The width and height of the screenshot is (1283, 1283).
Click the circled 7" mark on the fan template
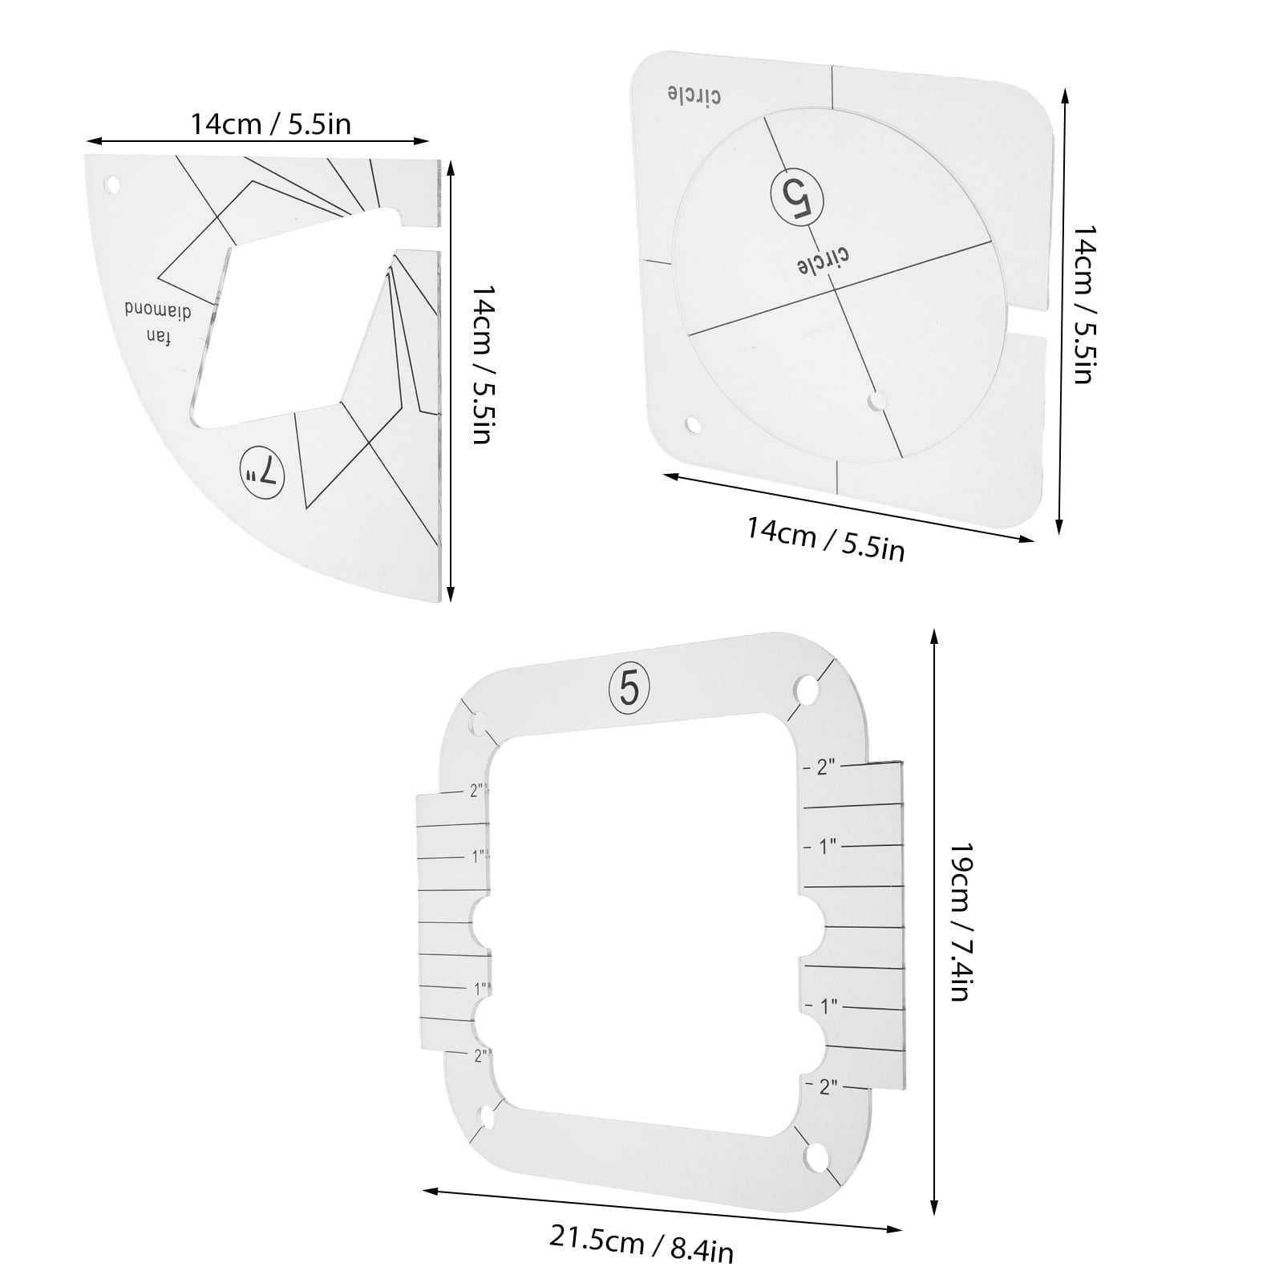(262, 476)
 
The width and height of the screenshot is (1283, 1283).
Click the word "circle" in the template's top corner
(694, 94)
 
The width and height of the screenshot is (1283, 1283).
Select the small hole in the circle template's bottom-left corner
(692, 423)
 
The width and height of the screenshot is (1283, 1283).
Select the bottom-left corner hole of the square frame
(485, 1116)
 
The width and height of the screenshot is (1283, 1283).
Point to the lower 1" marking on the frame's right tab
(826, 1005)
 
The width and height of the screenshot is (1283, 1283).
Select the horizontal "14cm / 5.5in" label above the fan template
(270, 124)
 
